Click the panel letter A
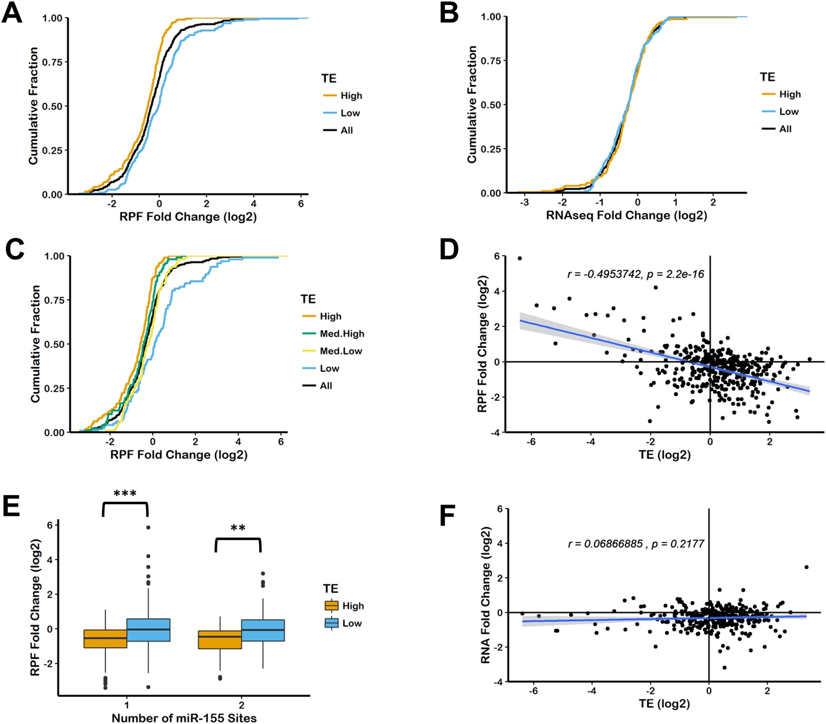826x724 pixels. [x=13, y=14]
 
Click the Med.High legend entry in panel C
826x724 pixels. [x=341, y=334]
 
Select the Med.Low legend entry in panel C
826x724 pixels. [x=340, y=351]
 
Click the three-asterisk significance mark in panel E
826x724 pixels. [x=125, y=494]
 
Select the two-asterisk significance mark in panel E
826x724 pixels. [x=238, y=528]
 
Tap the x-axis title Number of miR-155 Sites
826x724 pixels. [x=184, y=717]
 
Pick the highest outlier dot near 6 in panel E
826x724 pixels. [x=148, y=528]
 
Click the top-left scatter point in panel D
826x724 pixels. [x=520, y=259]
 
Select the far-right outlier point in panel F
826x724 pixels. [x=806, y=567]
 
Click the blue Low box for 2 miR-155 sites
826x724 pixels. [x=263, y=630]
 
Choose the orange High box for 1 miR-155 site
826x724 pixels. [x=105, y=639]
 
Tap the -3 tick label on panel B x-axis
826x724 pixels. [x=524, y=202]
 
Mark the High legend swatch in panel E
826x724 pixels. [x=331, y=606]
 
